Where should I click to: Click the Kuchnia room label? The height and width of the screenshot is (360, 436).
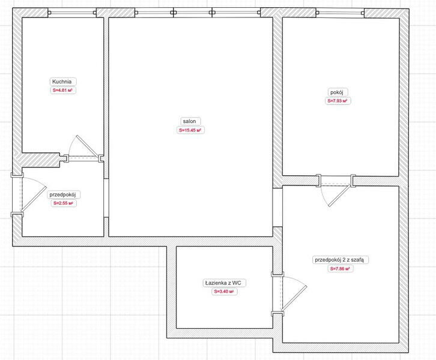pyautogui.click(x=62, y=82)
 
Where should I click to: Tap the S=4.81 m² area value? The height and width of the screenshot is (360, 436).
pyautogui.click(x=63, y=90)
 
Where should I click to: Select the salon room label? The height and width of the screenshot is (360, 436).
pyautogui.click(x=189, y=121)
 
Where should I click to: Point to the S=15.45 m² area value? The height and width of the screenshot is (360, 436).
pyautogui.click(x=190, y=130)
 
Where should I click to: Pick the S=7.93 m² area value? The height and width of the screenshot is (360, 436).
pyautogui.click(x=338, y=101)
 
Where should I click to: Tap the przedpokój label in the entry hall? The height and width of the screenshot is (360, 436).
pyautogui.click(x=62, y=194)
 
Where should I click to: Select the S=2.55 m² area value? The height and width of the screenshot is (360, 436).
pyautogui.click(x=64, y=203)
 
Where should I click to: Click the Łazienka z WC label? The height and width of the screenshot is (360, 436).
pyautogui.click(x=223, y=283)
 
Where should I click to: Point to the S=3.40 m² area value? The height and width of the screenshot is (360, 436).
pyautogui.click(x=224, y=292)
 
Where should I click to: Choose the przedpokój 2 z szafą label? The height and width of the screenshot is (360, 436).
pyautogui.click(x=339, y=260)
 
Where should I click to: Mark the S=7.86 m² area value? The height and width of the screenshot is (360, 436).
pyautogui.click(x=340, y=269)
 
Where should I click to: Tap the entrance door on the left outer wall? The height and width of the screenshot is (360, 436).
pyautogui.click(x=28, y=194)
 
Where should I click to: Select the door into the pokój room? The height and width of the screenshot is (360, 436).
pyautogui.click(x=336, y=190)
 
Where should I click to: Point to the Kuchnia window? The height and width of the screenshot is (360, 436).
pyautogui.click(x=72, y=13)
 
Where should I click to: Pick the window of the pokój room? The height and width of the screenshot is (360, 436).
pyautogui.click(x=340, y=13)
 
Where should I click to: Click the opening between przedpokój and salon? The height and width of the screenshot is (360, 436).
pyautogui.click(x=106, y=197)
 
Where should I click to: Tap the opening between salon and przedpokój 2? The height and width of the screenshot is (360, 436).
pyautogui.click(x=277, y=208)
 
